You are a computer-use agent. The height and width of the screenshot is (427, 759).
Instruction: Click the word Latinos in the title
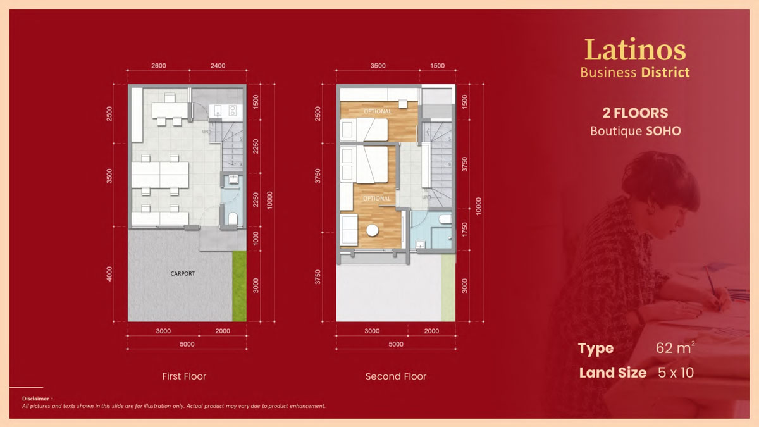pos(635,50)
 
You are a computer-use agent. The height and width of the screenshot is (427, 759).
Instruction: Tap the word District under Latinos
pos(665,73)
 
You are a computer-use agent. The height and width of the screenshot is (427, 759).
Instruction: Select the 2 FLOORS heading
pos(635,113)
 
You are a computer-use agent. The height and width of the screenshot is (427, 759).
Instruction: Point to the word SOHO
pos(663,131)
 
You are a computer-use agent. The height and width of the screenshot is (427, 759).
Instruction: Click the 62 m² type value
pos(675,348)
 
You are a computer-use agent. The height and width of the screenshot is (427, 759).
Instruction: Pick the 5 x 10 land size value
pos(676,373)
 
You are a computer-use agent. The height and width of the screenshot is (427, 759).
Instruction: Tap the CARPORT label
pos(183,273)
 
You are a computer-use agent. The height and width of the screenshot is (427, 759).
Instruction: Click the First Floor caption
pos(184,376)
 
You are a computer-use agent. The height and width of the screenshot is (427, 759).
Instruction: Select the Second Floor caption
pos(396,376)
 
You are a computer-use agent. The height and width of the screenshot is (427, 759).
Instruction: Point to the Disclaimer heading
pos(37,399)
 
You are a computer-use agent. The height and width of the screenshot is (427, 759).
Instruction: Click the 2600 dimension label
pos(159,65)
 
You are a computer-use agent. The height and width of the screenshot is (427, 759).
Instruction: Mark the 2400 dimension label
pos(218,65)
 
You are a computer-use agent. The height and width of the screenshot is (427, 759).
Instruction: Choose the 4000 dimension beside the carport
pos(109,274)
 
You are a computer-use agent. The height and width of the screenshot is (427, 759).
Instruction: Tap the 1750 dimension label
pos(464,230)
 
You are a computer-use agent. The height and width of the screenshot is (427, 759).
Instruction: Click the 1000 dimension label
pos(256,238)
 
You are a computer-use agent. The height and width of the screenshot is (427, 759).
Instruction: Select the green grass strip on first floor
pos(239,286)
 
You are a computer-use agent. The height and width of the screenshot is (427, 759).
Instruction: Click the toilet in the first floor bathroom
pos(233,218)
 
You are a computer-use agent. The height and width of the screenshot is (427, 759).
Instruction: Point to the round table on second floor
pos(373,230)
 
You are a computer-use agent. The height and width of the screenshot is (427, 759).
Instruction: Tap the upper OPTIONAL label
pos(378,111)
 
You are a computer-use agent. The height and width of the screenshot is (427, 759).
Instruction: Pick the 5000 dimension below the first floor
pos(187,344)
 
